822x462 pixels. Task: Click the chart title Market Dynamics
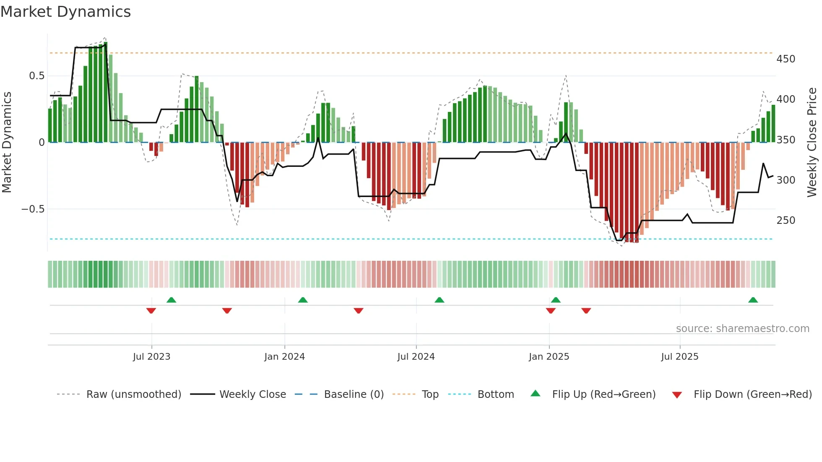pyautogui.click(x=65, y=12)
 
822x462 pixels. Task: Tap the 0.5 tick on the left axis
pyautogui.click(x=36, y=76)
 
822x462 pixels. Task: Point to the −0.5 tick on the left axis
pyautogui.click(x=33, y=209)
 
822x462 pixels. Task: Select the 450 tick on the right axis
pyautogui.click(x=786, y=59)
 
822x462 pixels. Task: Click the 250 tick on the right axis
pyautogui.click(x=786, y=221)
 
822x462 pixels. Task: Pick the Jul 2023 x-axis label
pyautogui.click(x=151, y=357)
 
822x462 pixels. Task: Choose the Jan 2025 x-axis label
pyautogui.click(x=549, y=357)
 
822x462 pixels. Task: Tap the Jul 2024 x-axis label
pyautogui.click(x=416, y=357)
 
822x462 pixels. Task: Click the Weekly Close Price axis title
pyautogui.click(x=812, y=143)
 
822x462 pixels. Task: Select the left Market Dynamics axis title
pyautogui.click(x=7, y=143)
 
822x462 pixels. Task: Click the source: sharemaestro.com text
pyautogui.click(x=742, y=329)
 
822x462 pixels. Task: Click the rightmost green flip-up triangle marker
pyautogui.click(x=753, y=300)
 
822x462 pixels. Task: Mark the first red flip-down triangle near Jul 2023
pyautogui.click(x=151, y=311)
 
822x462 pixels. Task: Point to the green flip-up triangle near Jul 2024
pyautogui.click(x=439, y=300)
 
